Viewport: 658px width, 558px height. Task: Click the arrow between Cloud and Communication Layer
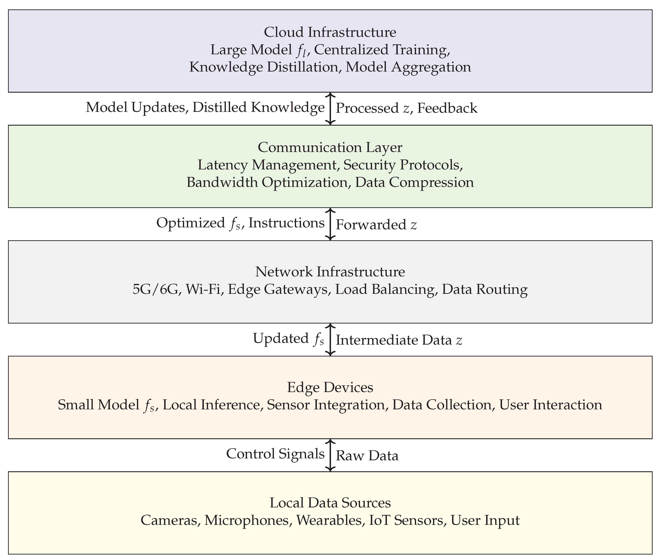tap(330, 109)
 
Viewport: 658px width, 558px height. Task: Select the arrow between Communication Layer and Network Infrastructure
tap(330, 224)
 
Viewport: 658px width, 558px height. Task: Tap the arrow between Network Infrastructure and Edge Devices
tap(330, 339)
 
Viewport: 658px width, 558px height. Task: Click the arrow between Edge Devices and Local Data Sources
tap(330, 455)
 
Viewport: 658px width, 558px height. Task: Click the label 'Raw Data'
tap(367, 456)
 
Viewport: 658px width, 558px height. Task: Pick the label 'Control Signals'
tap(275, 454)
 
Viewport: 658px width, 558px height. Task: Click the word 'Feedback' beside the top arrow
tap(447, 108)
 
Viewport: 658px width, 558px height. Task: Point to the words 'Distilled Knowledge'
tap(258, 107)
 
